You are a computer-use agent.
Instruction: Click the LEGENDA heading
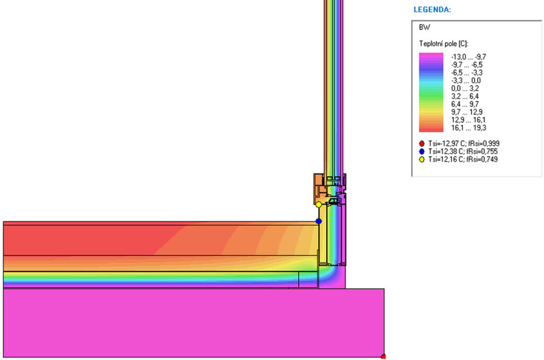(432, 10)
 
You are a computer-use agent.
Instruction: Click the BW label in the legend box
(424, 28)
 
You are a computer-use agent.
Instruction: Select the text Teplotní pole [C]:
(444, 44)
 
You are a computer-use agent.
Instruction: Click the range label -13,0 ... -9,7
(469, 57)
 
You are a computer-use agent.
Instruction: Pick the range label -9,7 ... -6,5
(466, 65)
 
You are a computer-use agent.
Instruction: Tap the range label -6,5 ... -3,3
(466, 73)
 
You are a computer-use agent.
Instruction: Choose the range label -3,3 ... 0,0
(465, 81)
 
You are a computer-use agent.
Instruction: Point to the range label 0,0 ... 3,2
(465, 89)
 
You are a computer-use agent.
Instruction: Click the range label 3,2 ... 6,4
(465, 97)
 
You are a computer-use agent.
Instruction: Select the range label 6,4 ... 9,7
(465, 105)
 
